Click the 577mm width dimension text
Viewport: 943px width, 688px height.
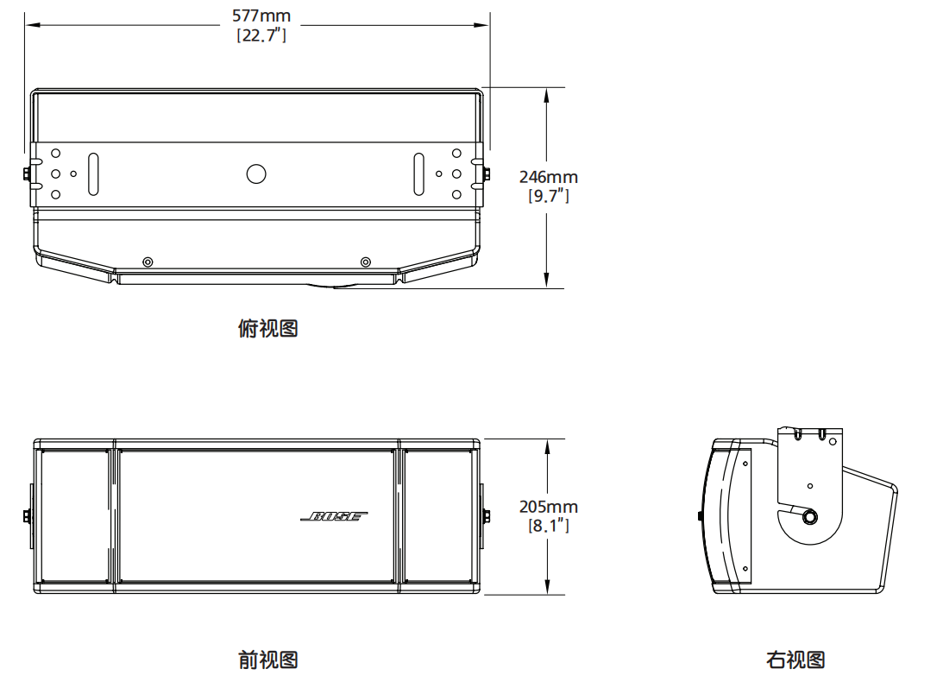(x=261, y=16)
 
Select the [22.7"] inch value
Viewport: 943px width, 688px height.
(x=261, y=35)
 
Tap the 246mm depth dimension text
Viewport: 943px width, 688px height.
(x=548, y=177)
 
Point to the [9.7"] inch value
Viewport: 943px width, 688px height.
(x=548, y=196)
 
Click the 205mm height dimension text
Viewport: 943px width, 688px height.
(x=548, y=507)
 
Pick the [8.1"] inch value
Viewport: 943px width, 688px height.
(x=548, y=525)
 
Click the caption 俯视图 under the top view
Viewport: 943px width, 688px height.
(x=267, y=329)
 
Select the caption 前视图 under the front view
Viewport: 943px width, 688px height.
(x=267, y=660)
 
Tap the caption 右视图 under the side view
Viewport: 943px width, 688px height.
(x=795, y=660)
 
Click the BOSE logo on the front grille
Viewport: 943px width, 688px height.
(x=335, y=516)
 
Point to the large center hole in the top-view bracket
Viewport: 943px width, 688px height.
(x=256, y=174)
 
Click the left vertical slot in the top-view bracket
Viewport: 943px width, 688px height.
(x=94, y=174)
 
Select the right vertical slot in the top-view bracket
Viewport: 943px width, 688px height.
(x=418, y=174)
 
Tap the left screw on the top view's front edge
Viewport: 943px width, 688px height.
(x=148, y=262)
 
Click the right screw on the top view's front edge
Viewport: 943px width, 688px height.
(x=366, y=262)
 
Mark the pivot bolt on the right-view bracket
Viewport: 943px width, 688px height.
(x=810, y=517)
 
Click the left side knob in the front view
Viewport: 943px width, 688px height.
(x=28, y=516)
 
